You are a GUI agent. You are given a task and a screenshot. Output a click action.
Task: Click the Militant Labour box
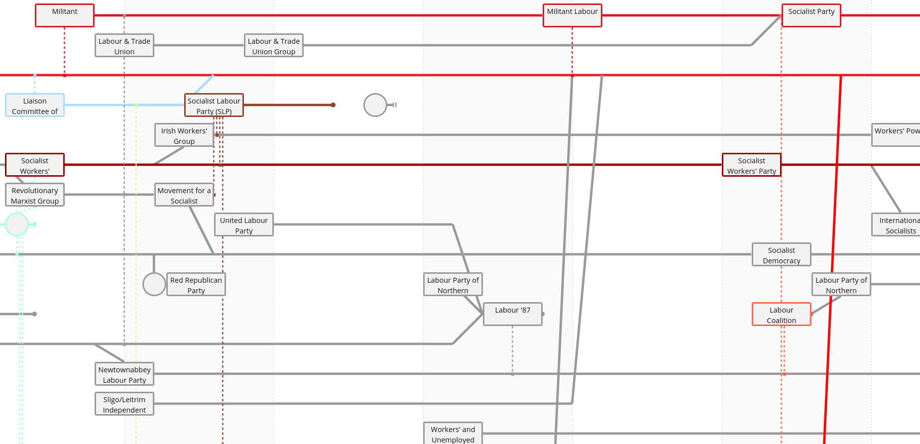click(572, 15)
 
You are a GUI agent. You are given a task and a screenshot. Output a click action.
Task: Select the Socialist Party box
click(811, 15)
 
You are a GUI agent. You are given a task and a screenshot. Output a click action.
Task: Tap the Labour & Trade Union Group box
click(273, 45)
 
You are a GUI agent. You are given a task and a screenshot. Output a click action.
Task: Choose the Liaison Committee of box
click(35, 105)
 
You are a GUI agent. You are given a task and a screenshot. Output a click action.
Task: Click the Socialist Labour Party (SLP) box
click(214, 105)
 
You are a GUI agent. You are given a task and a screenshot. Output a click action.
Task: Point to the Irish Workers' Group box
click(184, 135)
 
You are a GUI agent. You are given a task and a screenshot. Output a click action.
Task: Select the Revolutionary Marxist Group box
click(35, 195)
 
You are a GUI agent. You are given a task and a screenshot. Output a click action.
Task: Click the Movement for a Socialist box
click(184, 195)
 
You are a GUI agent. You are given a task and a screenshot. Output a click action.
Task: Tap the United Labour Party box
click(244, 224)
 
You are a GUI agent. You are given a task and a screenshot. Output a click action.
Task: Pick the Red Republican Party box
click(196, 284)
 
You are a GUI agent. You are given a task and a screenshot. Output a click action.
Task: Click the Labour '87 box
click(513, 314)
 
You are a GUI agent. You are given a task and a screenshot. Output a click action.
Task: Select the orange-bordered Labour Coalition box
click(782, 314)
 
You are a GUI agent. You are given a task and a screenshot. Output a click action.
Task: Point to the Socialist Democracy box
click(782, 254)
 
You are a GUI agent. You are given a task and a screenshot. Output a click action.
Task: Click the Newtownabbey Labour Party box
click(124, 374)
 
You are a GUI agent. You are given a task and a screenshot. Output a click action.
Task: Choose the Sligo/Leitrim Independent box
click(124, 404)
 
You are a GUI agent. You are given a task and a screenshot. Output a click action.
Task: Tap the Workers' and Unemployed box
click(453, 433)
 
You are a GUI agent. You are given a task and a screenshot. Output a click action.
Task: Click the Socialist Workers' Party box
click(752, 165)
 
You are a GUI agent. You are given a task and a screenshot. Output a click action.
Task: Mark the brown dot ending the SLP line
click(333, 105)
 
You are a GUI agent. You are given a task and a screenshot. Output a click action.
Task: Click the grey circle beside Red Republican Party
click(154, 284)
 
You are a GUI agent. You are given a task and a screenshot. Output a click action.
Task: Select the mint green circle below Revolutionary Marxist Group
click(17, 224)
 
